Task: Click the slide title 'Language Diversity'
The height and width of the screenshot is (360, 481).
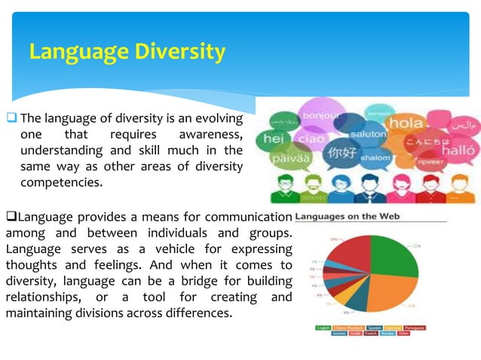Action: click(x=127, y=51)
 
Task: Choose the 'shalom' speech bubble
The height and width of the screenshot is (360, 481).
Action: click(x=375, y=158)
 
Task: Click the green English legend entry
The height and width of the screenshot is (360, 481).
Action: click(x=323, y=328)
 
